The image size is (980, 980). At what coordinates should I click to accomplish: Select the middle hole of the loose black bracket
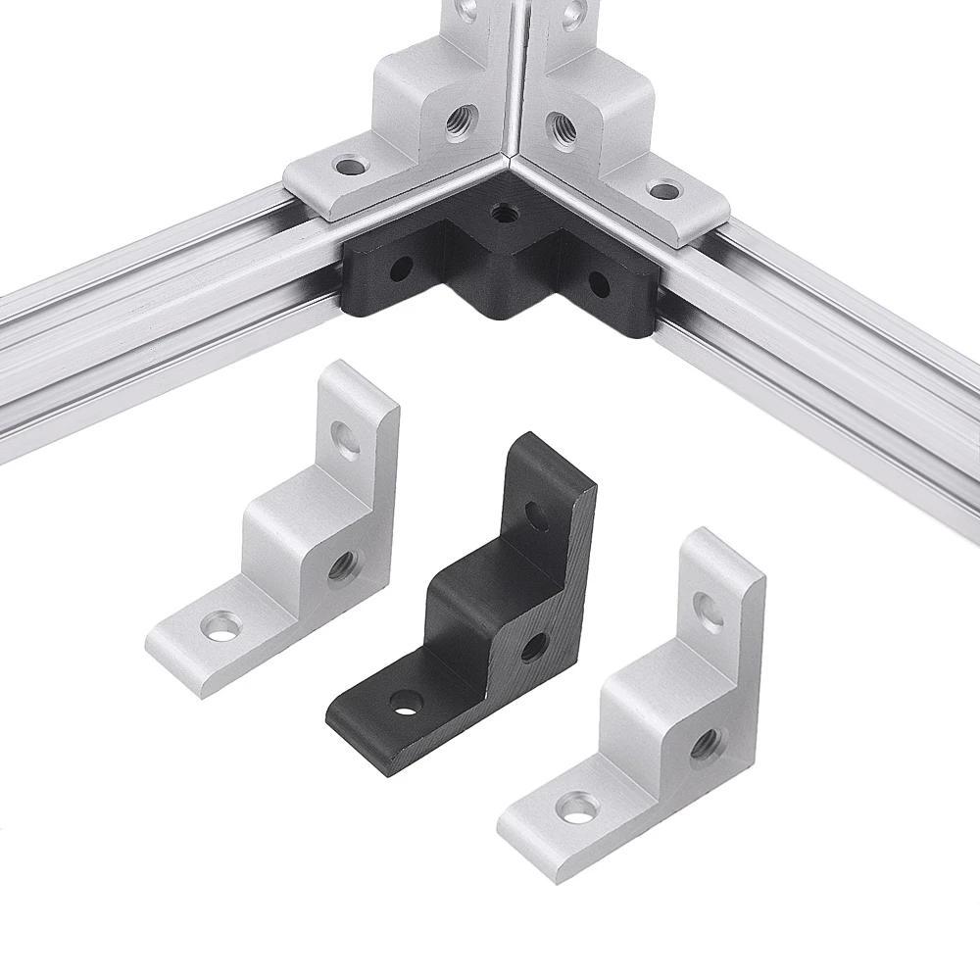534,646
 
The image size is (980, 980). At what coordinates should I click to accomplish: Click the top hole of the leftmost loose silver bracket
346,440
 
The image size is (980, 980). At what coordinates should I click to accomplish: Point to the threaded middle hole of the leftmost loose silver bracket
342,565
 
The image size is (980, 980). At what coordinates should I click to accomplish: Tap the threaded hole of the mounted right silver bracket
562,124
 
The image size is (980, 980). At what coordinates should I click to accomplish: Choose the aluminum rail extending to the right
833,353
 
